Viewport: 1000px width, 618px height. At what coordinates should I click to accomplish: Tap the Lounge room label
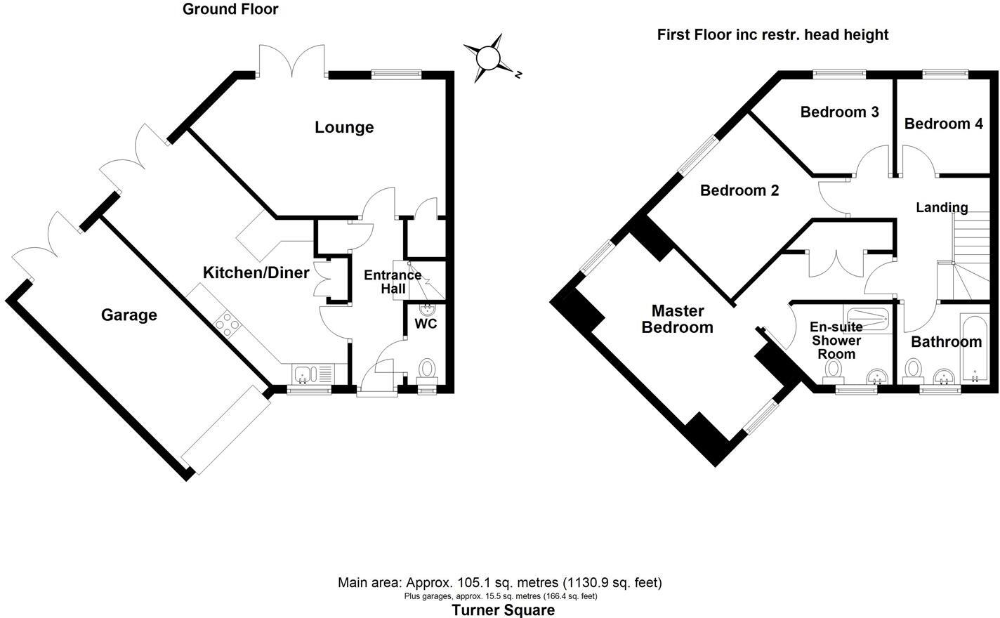[x=344, y=127]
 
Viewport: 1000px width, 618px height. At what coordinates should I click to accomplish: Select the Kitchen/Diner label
[x=256, y=272]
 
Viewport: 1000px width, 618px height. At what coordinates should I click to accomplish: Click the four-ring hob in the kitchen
[x=227, y=324]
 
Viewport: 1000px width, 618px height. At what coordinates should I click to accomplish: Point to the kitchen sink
[x=303, y=374]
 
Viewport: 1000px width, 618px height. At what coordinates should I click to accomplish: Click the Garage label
[x=129, y=315]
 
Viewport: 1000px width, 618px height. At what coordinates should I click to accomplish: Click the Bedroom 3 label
[x=839, y=112]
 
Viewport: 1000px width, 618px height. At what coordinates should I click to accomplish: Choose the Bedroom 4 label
[x=943, y=124]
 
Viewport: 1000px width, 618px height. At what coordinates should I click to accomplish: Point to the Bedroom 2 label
[x=739, y=190]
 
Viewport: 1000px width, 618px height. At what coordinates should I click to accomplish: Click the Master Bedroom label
[x=678, y=319]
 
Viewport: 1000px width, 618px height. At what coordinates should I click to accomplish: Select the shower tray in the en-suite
[x=867, y=320]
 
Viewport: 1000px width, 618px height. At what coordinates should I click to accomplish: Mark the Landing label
[x=942, y=207]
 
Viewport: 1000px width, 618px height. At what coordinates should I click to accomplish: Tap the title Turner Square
[x=503, y=610]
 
